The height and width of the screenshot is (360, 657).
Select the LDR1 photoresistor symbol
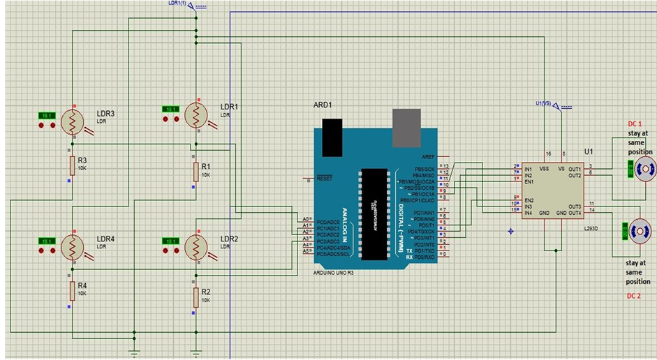(x=196, y=113)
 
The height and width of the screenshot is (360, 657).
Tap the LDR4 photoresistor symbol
(x=72, y=246)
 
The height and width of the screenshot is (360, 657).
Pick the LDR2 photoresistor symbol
(x=196, y=246)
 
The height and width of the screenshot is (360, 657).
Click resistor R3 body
(x=71, y=165)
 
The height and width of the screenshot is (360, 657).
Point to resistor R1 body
(x=195, y=170)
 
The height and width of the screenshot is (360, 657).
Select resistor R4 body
(x=71, y=292)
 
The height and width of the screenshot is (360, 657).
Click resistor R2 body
(x=195, y=297)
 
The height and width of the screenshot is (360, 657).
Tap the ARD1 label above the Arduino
(x=323, y=105)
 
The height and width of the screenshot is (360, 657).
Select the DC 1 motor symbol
(x=644, y=168)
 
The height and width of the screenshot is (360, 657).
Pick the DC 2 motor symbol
(x=640, y=231)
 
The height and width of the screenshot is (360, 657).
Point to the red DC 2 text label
(x=633, y=297)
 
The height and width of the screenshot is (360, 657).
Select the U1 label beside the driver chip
(x=589, y=151)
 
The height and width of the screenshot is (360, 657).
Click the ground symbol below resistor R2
(x=196, y=350)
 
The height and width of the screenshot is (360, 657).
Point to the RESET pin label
(x=325, y=179)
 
